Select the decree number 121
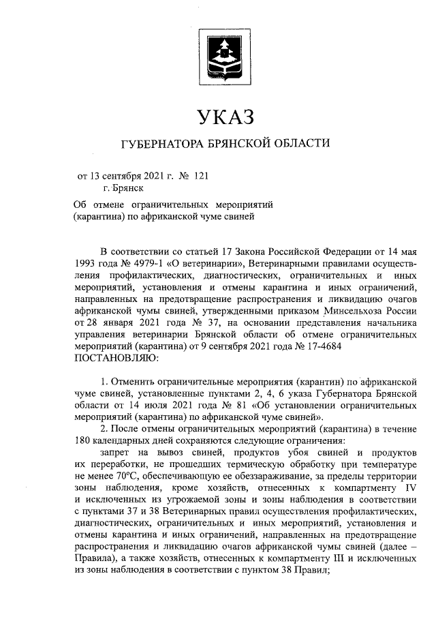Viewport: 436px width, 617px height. click(x=200, y=175)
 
